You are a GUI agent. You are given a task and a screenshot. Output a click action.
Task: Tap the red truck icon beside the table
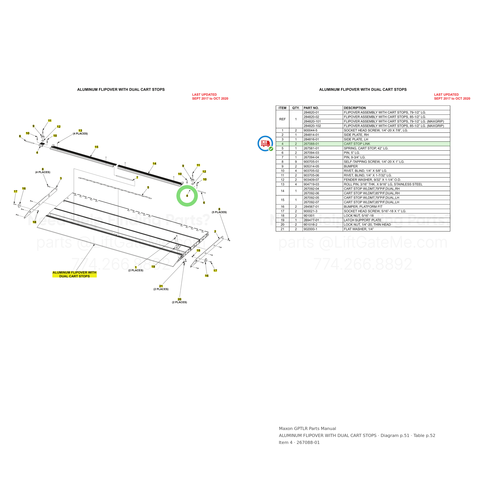point(265,143)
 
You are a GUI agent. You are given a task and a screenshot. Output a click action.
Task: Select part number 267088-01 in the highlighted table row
point(311,144)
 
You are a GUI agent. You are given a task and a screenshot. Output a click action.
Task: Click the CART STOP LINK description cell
point(357,144)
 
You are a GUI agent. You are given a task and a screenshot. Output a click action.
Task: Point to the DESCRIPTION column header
point(355,108)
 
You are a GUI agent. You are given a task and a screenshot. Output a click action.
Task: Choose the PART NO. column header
point(311,108)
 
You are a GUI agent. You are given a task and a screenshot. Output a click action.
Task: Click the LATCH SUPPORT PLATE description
point(362,220)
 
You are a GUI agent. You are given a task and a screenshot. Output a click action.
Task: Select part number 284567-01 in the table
point(311,207)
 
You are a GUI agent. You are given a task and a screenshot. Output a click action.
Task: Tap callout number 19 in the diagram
point(153,267)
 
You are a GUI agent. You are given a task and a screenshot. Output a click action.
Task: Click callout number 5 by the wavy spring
point(148,187)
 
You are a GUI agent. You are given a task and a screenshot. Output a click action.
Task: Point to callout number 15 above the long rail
point(96,147)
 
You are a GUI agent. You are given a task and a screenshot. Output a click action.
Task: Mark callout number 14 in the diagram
point(154,164)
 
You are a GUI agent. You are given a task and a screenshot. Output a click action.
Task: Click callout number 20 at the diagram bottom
point(179,299)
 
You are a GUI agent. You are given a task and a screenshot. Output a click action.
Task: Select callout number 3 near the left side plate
point(61,178)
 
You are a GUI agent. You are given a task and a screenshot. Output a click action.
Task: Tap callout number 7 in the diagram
point(137,178)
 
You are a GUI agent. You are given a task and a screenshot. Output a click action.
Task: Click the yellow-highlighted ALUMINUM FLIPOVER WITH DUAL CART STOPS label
point(74,274)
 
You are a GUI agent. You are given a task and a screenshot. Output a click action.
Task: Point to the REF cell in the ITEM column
point(282,119)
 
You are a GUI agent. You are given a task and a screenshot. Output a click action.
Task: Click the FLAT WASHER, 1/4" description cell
point(359,229)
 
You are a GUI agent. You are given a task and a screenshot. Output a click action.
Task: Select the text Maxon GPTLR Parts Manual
point(307,429)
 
